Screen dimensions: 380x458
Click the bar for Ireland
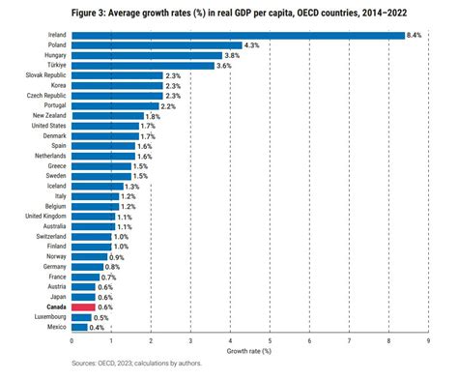(x=238, y=35)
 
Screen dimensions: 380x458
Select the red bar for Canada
(x=83, y=306)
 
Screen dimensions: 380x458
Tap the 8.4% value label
(x=414, y=35)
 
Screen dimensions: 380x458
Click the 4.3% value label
(x=251, y=45)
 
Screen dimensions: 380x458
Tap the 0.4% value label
(x=97, y=326)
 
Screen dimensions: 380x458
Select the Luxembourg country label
(x=48, y=316)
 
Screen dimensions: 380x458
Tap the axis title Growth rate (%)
(x=249, y=351)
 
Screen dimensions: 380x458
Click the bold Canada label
(x=53, y=306)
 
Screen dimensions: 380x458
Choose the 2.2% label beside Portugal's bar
(x=168, y=105)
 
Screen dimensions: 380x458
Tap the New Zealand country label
(x=48, y=115)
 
